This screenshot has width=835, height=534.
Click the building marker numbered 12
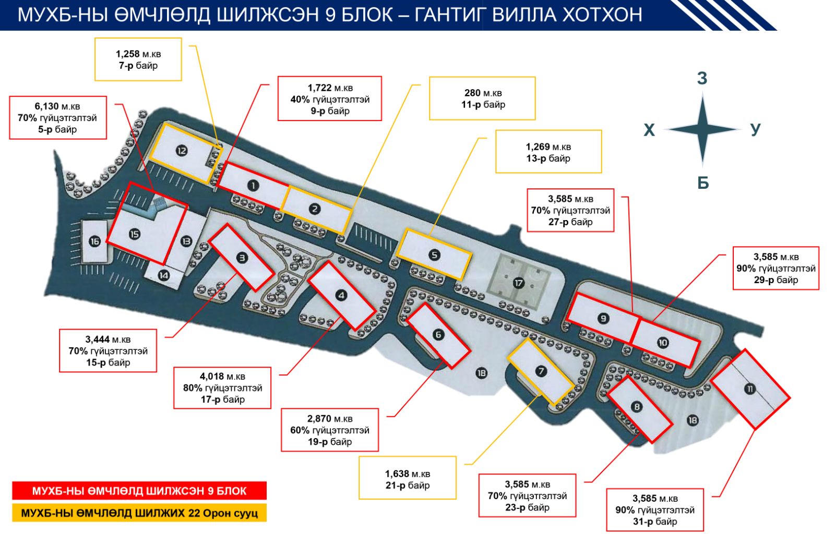pyautogui.click(x=182, y=151)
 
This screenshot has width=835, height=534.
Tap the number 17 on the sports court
pyautogui.click(x=518, y=283)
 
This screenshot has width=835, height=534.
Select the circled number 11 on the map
pyautogui.click(x=750, y=389)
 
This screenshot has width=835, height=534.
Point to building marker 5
pyautogui.click(x=434, y=254)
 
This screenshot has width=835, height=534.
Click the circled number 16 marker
pyautogui.click(x=94, y=241)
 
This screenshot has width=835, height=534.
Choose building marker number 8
pyautogui.click(x=636, y=407)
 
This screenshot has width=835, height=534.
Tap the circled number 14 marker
pyautogui.click(x=164, y=274)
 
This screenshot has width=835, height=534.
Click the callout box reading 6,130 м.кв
pyautogui.click(x=57, y=118)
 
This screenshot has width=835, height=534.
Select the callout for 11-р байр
pyautogui.click(x=482, y=99)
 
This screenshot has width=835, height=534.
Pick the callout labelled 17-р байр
pyautogui.click(x=222, y=388)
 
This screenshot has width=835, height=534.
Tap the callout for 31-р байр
pyautogui.click(x=654, y=510)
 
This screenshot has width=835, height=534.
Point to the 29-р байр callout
pyautogui.click(x=776, y=269)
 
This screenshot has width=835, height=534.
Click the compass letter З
pyautogui.click(x=702, y=78)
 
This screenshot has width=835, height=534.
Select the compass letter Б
pyautogui.click(x=703, y=183)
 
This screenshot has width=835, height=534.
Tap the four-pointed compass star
pyautogui.click(x=702, y=129)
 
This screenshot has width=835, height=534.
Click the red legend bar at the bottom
pyautogui.click(x=139, y=491)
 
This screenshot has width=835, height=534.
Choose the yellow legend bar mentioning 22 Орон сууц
pyautogui.click(x=139, y=513)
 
